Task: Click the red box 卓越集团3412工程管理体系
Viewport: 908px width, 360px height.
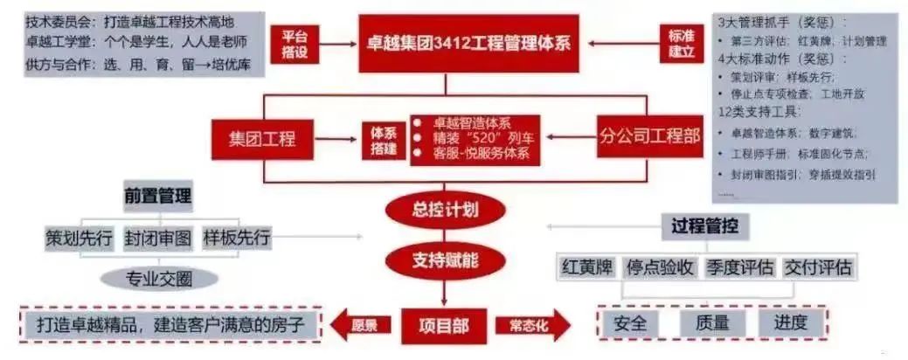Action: [x=472, y=41]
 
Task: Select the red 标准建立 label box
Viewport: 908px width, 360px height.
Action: [x=681, y=42]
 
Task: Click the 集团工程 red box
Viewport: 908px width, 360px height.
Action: [x=262, y=138]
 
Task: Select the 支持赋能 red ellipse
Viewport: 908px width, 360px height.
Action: [x=446, y=260]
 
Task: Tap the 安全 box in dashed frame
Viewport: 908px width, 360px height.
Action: [x=631, y=322]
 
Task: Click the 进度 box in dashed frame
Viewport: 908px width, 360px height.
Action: [x=789, y=322]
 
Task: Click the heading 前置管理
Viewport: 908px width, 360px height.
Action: [x=157, y=195]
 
